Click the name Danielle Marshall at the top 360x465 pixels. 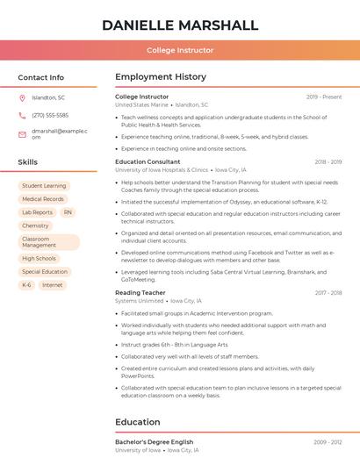[180, 25]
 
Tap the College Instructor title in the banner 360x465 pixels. [180, 50]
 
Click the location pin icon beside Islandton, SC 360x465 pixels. [22, 97]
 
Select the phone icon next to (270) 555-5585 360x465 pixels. [22, 115]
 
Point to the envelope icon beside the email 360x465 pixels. [22, 134]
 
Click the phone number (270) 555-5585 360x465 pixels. [50, 115]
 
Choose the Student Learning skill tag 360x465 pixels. [44, 186]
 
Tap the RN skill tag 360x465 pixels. [68, 212]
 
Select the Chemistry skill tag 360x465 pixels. [35, 225]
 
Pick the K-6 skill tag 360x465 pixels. [26, 285]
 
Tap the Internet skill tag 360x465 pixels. [53, 285]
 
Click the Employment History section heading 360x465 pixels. [161, 77]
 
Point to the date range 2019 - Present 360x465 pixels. [324, 97]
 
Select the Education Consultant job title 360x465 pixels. [148, 161]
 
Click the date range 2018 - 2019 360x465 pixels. [327, 161]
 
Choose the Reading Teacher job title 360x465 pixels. [140, 292]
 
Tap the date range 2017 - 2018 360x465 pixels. [327, 292]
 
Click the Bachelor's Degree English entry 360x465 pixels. [154, 441]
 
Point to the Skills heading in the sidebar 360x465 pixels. [28, 162]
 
